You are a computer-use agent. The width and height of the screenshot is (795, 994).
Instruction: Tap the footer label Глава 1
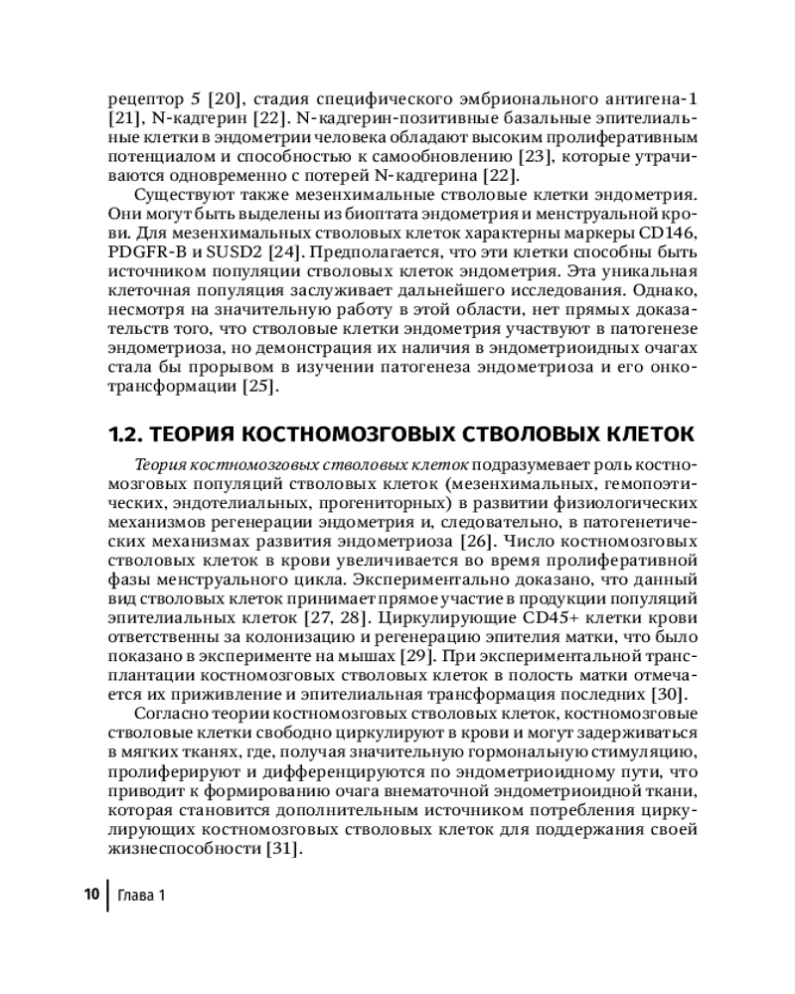click(140, 895)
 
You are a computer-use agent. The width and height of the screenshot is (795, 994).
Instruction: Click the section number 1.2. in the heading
click(124, 434)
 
